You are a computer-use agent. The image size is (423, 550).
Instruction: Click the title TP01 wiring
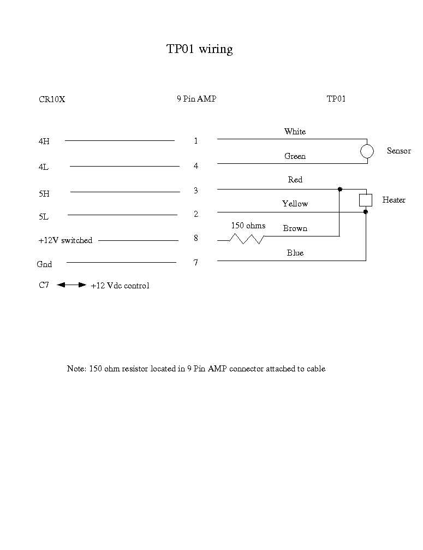[199, 49]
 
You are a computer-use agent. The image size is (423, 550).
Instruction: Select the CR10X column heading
[52, 99]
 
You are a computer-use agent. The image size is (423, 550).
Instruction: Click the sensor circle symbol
[367, 151]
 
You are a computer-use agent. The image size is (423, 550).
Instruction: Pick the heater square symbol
[366, 200]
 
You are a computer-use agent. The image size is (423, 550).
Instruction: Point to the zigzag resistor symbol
[247, 239]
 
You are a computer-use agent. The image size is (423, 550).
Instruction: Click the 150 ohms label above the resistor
[248, 226]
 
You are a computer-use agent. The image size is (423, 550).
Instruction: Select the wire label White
[295, 132]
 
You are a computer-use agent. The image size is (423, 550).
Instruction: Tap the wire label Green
[295, 156]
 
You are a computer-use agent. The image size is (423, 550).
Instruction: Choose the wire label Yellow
[295, 204]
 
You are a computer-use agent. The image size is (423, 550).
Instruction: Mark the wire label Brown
[295, 228]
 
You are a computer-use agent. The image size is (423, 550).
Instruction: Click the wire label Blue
[295, 253]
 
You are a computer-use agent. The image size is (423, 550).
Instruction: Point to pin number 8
[196, 238]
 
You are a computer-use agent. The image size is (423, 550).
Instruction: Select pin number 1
[196, 141]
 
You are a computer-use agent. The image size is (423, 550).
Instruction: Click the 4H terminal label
[44, 141]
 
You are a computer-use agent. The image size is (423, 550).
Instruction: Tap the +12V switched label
[65, 240]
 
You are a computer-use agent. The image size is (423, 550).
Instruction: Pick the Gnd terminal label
[44, 264]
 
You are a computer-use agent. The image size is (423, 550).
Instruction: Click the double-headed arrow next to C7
[72, 285]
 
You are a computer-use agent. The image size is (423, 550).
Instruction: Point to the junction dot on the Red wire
[340, 190]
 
